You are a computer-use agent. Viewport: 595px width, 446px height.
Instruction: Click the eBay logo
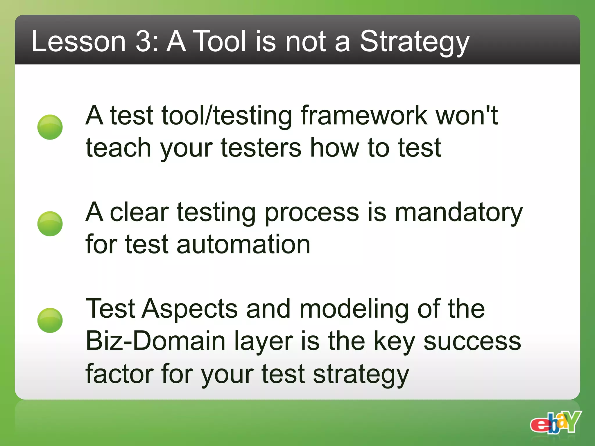tap(555, 422)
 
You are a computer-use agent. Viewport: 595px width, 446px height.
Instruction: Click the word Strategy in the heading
tap(414, 42)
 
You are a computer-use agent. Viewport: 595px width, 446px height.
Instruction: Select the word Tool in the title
tap(220, 42)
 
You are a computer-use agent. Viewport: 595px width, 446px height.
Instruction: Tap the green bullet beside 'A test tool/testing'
tap(50, 127)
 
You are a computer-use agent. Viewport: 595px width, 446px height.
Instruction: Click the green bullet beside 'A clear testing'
tap(50, 224)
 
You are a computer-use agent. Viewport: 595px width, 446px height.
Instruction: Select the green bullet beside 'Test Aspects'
tap(50, 320)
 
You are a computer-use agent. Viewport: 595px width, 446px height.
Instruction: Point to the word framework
tap(364, 116)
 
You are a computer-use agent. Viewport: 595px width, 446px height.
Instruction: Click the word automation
tap(243, 244)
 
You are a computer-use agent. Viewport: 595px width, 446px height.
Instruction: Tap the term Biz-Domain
tap(156, 341)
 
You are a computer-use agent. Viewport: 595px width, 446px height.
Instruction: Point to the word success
tap(472, 341)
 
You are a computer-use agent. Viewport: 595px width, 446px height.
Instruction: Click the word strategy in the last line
tap(361, 375)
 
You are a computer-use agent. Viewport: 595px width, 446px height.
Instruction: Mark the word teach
tap(118, 148)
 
